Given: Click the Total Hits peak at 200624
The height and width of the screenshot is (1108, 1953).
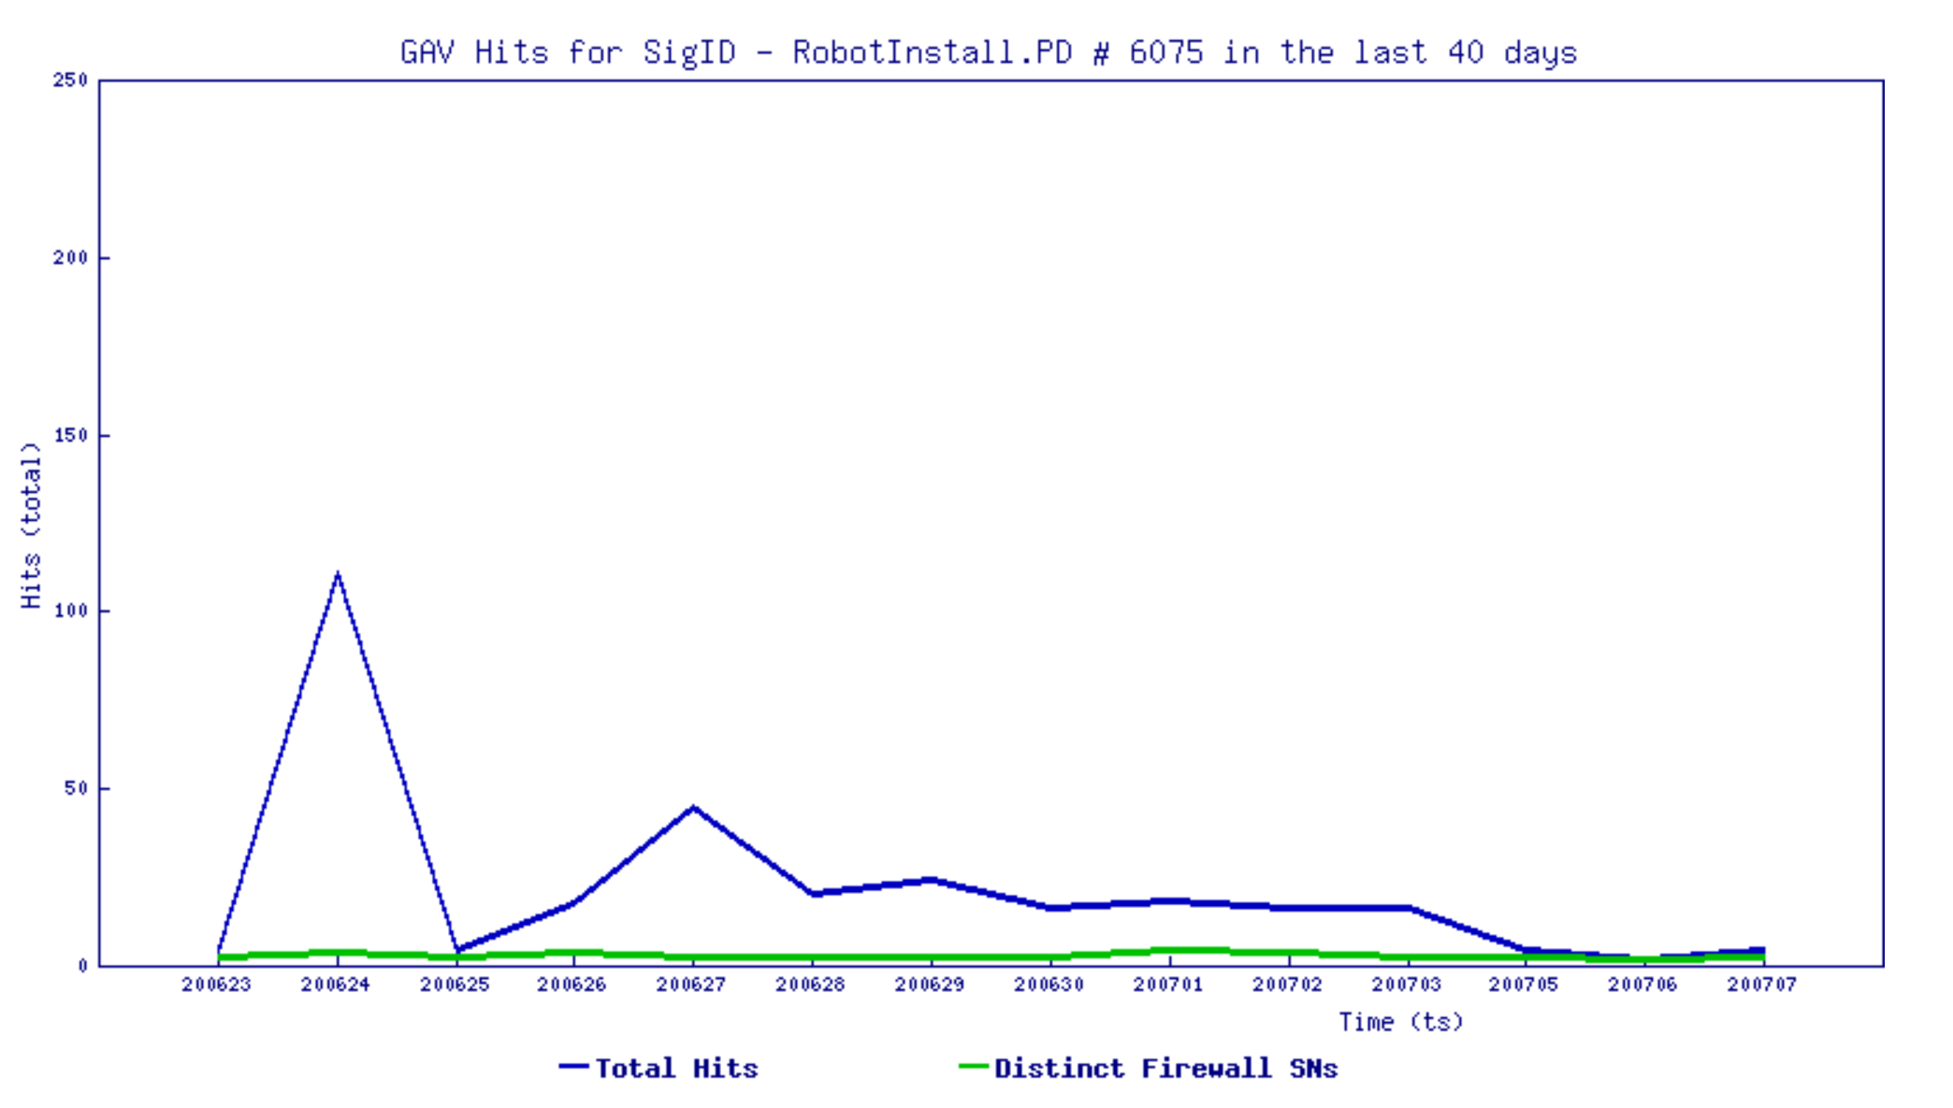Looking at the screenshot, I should pos(338,574).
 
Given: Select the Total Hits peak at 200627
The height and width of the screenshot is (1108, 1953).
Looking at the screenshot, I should pos(693,807).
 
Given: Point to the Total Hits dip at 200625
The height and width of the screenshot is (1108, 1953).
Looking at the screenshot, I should pos(456,950).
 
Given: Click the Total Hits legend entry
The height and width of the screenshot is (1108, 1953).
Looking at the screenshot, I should pos(675,1068).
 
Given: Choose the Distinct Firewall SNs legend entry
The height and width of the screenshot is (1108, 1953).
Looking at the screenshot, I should pos(1165,1068).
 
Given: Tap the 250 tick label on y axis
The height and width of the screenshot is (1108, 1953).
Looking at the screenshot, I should pos(71,80).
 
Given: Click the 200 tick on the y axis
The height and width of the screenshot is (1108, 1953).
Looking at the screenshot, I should pos(71,257).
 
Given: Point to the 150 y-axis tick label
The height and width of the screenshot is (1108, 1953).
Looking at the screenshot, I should pos(71,435).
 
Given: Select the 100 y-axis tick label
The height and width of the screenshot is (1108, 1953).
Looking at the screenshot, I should pos(71,611).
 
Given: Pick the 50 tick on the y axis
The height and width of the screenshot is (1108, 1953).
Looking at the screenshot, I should pos(76,788).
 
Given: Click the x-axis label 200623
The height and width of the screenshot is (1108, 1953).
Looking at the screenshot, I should pos(217,985).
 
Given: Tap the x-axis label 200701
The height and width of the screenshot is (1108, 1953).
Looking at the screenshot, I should pos(1168,985).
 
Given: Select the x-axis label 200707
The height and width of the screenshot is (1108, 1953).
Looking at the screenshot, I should pos(1762,985).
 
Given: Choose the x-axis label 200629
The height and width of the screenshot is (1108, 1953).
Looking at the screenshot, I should pos(930,985).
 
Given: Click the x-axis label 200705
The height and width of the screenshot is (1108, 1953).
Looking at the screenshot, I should pos(1524,985).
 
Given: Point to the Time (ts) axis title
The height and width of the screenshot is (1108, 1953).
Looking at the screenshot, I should pos(1400,1022).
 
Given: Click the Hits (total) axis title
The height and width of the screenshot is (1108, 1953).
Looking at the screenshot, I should pos(31,525).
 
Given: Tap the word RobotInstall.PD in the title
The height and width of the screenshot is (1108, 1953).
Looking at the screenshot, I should pos(932,52).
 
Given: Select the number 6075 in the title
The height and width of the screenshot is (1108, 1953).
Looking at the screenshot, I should pos(1165,52).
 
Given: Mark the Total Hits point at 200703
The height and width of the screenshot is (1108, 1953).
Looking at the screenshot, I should pos(1408,908).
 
